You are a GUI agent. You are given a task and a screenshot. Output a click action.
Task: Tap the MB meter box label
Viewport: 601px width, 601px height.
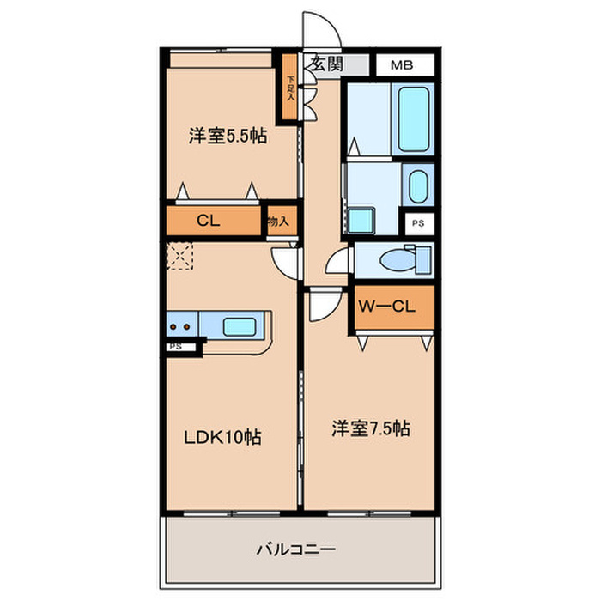[x=400, y=64]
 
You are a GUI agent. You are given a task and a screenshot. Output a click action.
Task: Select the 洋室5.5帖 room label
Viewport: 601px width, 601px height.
[x=227, y=135]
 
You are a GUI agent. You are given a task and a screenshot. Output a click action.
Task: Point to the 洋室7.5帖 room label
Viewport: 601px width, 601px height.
[x=370, y=428]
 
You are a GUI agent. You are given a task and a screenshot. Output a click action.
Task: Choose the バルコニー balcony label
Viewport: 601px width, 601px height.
[x=295, y=548]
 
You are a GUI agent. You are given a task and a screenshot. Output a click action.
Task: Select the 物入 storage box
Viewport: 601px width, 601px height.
[x=278, y=220]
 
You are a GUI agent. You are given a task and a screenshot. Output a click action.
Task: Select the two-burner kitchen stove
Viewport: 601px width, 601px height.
[x=181, y=326]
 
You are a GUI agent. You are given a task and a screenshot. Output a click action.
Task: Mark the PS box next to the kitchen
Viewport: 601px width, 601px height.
[x=175, y=347]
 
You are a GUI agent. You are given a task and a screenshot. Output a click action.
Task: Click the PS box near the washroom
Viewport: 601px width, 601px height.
[x=418, y=222]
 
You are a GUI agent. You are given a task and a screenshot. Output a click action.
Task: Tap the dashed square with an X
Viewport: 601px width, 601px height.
[x=181, y=255]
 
